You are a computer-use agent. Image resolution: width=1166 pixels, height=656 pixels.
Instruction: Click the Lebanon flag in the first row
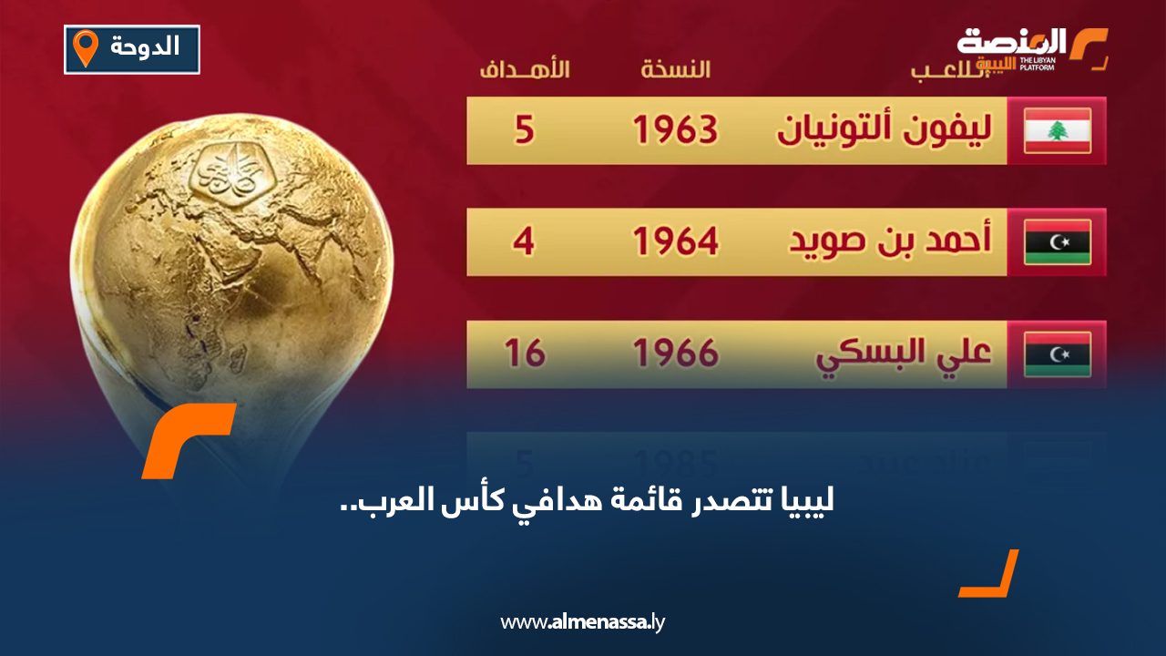[x=1057, y=130]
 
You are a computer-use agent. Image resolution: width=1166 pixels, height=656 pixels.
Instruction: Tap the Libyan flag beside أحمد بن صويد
[x=1057, y=242]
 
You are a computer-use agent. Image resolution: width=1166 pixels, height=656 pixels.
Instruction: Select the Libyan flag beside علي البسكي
[x=1057, y=354]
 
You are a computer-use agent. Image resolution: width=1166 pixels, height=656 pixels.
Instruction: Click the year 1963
[x=675, y=131]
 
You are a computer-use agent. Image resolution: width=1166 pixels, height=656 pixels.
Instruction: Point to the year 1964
[x=675, y=242]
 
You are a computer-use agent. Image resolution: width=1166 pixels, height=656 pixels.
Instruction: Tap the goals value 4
[x=524, y=242]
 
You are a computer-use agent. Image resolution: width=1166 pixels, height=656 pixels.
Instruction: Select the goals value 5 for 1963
[x=524, y=131]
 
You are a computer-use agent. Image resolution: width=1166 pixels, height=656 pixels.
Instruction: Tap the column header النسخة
[x=675, y=70]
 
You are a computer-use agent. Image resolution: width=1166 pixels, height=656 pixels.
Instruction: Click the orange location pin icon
[x=86, y=48]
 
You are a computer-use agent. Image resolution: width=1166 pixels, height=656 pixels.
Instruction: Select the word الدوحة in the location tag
[x=144, y=47]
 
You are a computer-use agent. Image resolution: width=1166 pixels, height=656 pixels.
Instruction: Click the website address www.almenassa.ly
[x=583, y=622]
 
